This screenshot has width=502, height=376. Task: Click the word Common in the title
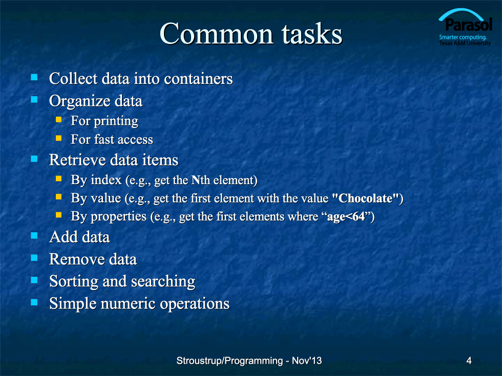pos(216,34)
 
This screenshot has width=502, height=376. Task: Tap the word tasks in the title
pos(312,34)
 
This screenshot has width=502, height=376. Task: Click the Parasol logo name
pos(468,25)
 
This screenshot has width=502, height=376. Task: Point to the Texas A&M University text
pos(465,43)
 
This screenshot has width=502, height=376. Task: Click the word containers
pos(199,79)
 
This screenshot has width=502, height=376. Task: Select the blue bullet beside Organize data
pos(34,100)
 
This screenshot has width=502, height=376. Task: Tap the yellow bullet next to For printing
pos(58,120)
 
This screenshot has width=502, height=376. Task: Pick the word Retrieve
pos(76,160)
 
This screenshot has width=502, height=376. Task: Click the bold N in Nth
pos(196,180)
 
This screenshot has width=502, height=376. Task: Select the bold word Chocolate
pos(366,198)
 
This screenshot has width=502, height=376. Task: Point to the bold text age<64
pos(346,217)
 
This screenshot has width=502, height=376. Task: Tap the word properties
pos(118,217)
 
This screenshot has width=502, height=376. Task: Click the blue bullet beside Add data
pos(34,236)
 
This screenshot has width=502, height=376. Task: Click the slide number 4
pos(469,361)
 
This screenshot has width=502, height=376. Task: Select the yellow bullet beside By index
pos(58,179)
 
